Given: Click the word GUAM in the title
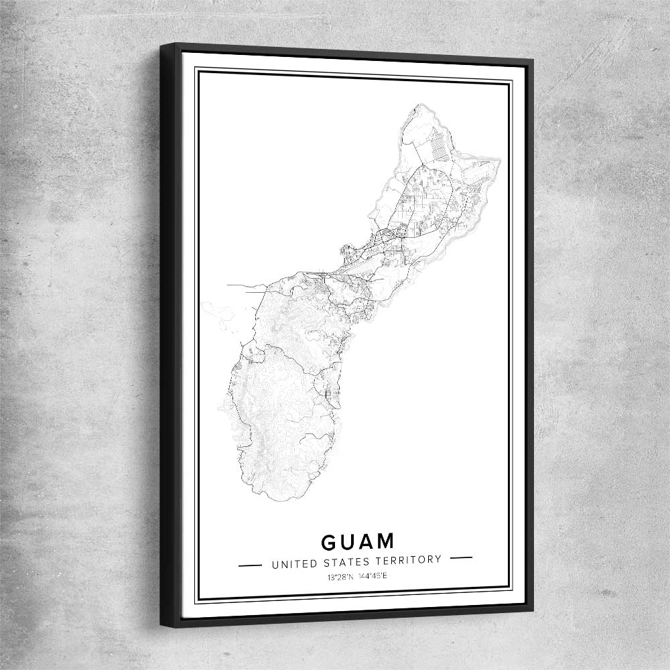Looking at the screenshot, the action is pyautogui.click(x=357, y=541).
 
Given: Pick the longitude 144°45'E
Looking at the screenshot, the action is pyautogui.click(x=371, y=576).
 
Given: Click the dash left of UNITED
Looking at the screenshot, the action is pyautogui.click(x=250, y=564).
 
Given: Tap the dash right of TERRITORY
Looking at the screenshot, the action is pyautogui.click(x=462, y=557).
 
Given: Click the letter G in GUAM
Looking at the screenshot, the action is pyautogui.click(x=330, y=541).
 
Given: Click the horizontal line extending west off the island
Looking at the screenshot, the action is pyautogui.click(x=241, y=285).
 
